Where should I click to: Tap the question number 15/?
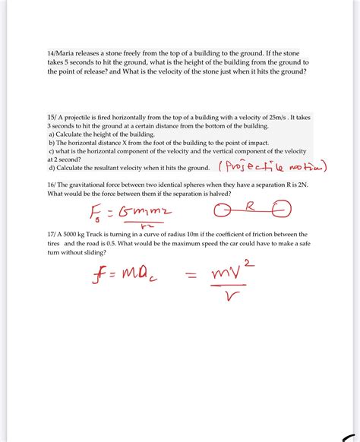pyautogui.click(x=52, y=117)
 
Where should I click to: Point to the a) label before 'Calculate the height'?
pyautogui.click(x=51, y=134)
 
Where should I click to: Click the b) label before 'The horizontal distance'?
pyautogui.click(x=51, y=142)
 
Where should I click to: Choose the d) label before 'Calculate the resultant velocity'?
pyautogui.click(x=51, y=167)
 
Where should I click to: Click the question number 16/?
pyautogui.click(x=52, y=185)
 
